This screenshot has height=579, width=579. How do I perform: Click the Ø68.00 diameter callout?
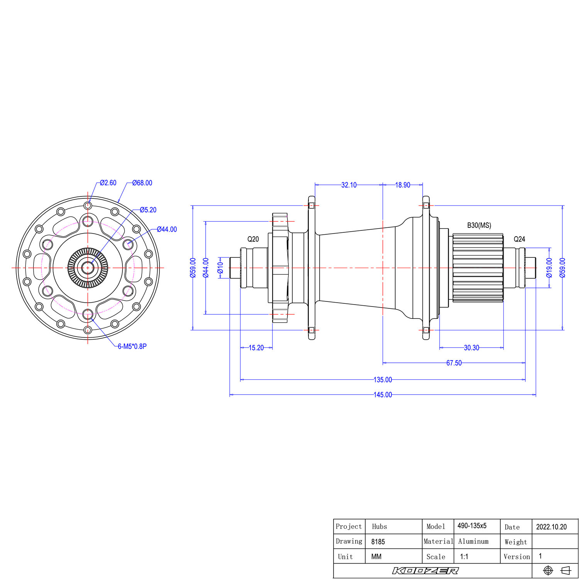click(142, 183)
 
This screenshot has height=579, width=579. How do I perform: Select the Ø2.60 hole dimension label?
click(108, 183)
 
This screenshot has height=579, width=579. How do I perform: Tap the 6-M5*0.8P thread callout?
click(132, 346)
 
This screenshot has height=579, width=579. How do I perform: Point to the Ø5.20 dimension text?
click(148, 210)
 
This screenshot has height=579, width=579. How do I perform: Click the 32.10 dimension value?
click(349, 185)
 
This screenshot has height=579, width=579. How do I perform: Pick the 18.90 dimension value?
click(403, 185)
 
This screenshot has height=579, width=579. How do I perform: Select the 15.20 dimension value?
click(256, 348)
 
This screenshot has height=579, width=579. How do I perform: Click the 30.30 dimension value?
click(471, 348)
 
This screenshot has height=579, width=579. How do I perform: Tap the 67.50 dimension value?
click(454, 363)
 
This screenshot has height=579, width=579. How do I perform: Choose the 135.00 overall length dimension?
click(383, 380)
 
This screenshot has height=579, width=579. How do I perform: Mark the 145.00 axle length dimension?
click(383, 395)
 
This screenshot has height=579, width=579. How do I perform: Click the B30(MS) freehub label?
click(479, 225)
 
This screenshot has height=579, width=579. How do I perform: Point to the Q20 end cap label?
click(253, 239)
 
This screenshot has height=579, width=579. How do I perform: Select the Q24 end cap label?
click(519, 239)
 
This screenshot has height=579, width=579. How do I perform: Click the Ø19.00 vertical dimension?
click(549, 267)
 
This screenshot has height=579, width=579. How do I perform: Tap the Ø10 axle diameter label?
click(220, 267)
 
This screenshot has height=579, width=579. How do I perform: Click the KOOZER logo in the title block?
click(425, 571)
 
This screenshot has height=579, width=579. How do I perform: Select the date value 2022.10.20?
click(551, 527)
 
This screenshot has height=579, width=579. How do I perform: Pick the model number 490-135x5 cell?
click(472, 526)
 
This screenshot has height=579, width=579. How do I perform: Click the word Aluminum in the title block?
click(473, 542)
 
